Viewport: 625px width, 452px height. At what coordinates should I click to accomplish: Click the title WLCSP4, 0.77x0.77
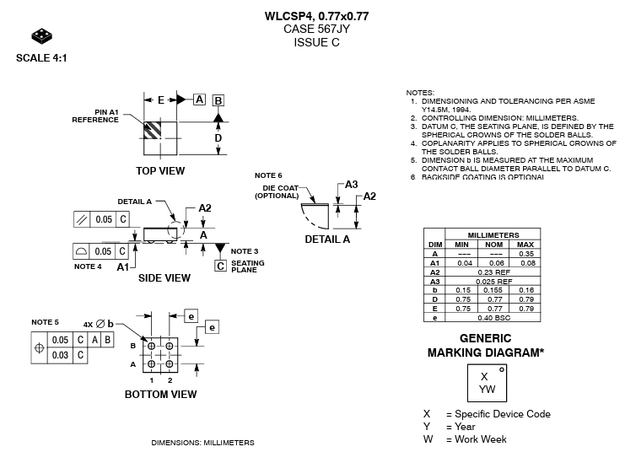(316, 16)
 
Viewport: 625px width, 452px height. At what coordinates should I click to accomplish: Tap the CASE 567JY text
(316, 29)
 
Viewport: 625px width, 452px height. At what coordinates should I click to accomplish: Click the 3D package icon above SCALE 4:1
(41, 37)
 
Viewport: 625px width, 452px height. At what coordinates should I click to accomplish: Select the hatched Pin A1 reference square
(153, 132)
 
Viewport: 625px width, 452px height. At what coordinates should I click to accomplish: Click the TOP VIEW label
(160, 171)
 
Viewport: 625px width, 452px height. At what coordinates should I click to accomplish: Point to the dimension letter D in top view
(218, 137)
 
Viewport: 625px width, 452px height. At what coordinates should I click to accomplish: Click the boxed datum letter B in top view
(218, 100)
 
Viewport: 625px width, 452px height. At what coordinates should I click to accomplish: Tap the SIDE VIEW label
(164, 278)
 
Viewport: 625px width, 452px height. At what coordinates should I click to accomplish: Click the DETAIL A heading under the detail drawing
(327, 239)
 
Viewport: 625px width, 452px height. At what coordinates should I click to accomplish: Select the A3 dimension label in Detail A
(352, 185)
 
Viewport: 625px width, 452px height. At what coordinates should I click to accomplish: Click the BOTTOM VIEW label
(160, 395)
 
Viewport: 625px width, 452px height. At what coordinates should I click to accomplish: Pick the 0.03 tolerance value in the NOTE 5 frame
(59, 355)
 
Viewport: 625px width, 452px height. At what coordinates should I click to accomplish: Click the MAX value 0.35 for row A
(526, 253)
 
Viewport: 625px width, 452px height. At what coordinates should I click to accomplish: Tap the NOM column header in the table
(493, 244)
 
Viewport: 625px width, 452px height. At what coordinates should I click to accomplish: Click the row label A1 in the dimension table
(435, 262)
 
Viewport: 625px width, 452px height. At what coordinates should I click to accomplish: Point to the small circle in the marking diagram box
(502, 369)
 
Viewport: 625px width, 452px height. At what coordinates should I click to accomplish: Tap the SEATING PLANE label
(247, 266)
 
